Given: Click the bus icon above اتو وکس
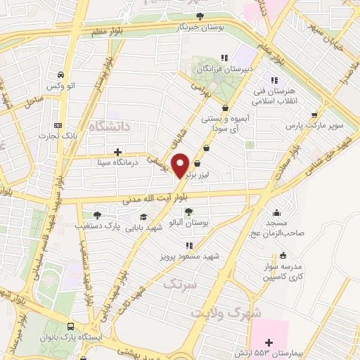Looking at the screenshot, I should (x=61, y=75).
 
